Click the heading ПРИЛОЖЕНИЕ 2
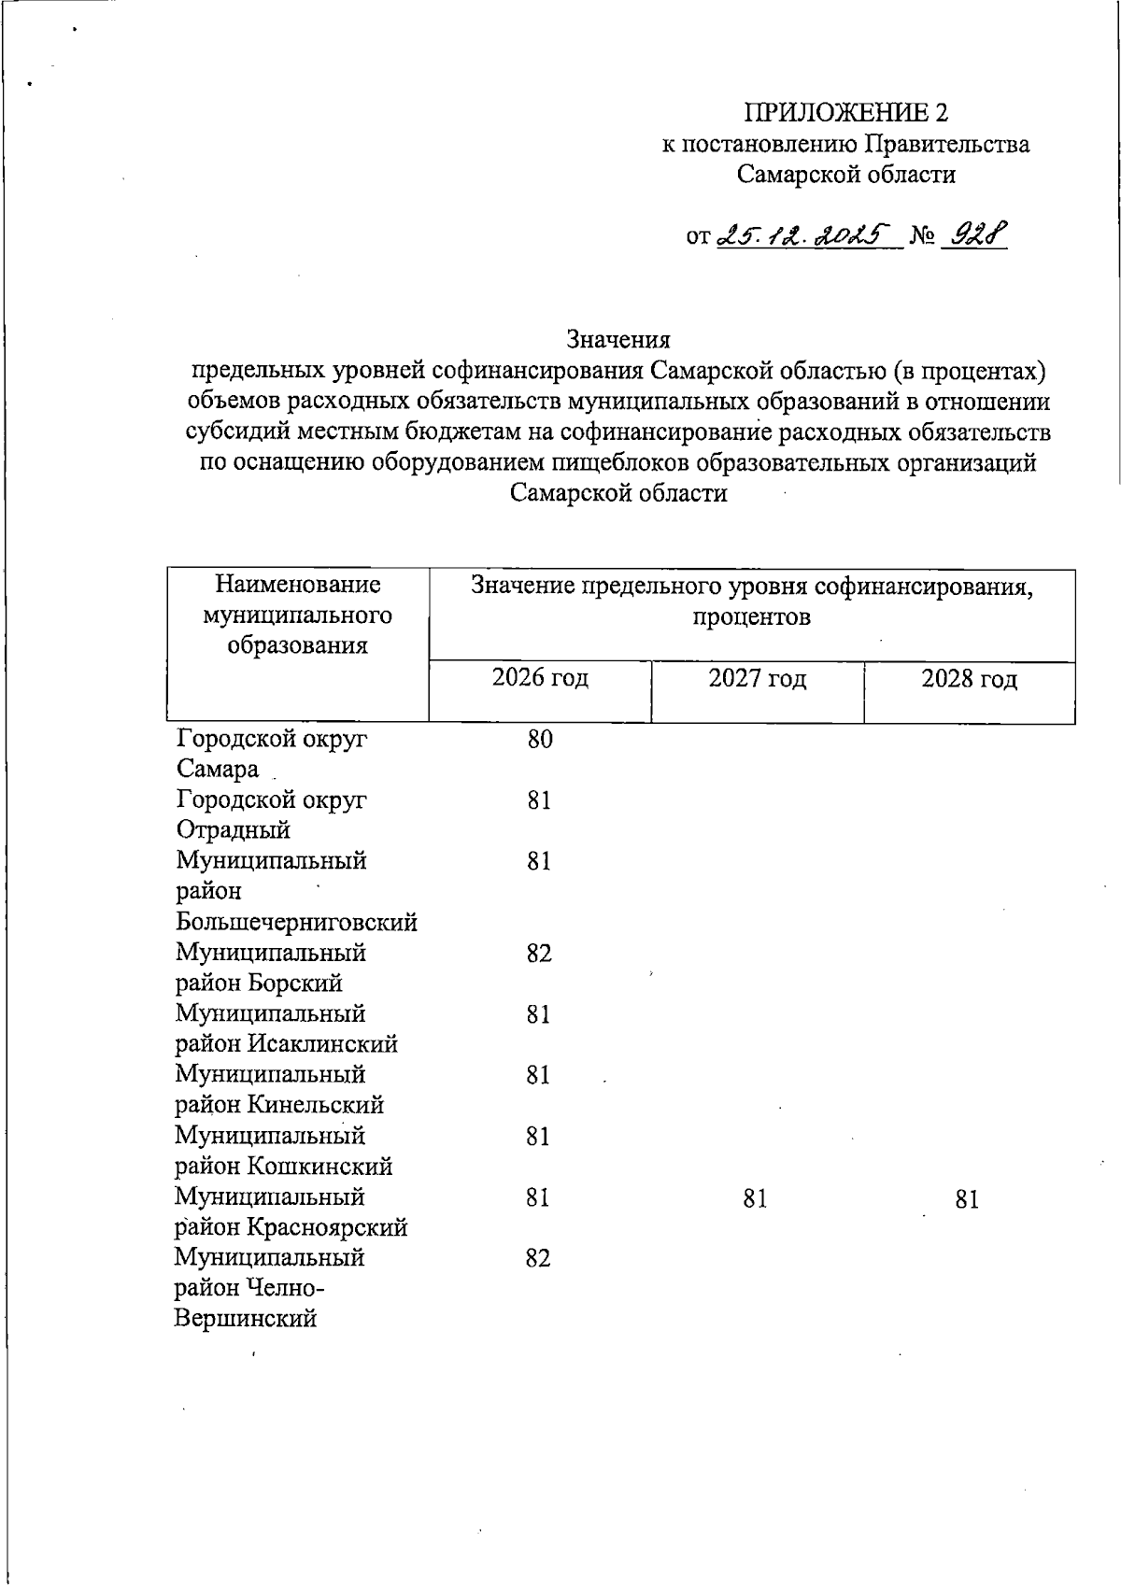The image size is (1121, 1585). [845, 113]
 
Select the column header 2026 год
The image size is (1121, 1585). [540, 677]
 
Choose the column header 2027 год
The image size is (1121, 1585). [757, 678]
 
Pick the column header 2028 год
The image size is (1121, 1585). [969, 679]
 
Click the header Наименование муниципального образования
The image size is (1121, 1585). [297, 615]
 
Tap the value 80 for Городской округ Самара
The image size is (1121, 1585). [540, 740]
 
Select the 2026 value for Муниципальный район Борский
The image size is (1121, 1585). [538, 954]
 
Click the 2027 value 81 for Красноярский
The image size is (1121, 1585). [755, 1198]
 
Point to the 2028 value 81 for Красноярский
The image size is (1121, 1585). [967, 1199]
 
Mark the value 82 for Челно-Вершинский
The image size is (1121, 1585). [538, 1259]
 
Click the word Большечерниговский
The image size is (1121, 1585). [296, 923]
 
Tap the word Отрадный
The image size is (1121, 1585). [233, 830]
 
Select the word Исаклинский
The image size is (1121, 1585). [322, 1044]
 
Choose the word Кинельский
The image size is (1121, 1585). [316, 1105]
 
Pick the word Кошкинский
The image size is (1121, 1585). [319, 1167]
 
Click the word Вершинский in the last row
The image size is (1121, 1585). [245, 1319]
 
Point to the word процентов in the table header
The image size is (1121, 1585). [752, 617]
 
